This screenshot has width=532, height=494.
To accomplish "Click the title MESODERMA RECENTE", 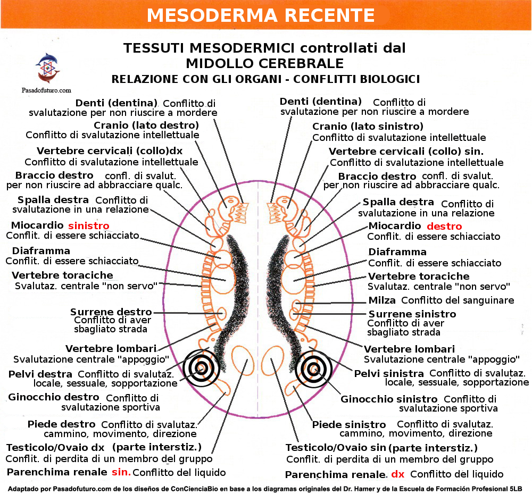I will [261, 15].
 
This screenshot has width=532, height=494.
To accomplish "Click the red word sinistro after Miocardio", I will [88, 225].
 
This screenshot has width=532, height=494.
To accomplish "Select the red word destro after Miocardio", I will [444, 227].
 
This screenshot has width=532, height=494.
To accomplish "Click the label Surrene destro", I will [111, 312].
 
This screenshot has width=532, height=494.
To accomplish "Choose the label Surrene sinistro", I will [412, 314].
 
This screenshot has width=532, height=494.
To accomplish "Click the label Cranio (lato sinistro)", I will [368, 127].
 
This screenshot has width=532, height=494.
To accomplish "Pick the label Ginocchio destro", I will [53, 397].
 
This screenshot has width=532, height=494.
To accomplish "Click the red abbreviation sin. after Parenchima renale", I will [121, 472].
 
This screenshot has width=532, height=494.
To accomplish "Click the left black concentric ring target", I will [201, 367].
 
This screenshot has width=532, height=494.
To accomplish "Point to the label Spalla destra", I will [53, 200].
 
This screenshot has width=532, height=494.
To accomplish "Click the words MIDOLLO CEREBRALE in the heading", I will [264, 64].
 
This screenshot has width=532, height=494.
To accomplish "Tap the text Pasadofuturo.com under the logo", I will [46, 90].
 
